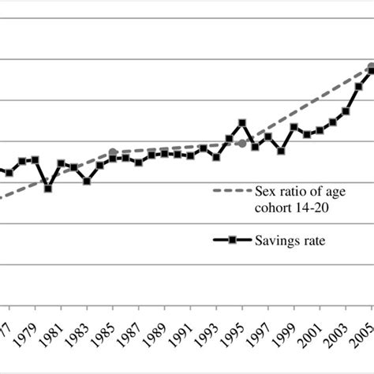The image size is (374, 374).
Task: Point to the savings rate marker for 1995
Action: point(242,123)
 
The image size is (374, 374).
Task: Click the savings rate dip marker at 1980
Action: point(48,189)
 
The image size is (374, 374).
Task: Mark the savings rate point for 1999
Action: point(294,127)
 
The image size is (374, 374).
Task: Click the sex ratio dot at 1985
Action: point(113,152)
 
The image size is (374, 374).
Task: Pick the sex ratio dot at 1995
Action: point(241,144)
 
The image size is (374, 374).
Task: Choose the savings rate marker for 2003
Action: point(346,111)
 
